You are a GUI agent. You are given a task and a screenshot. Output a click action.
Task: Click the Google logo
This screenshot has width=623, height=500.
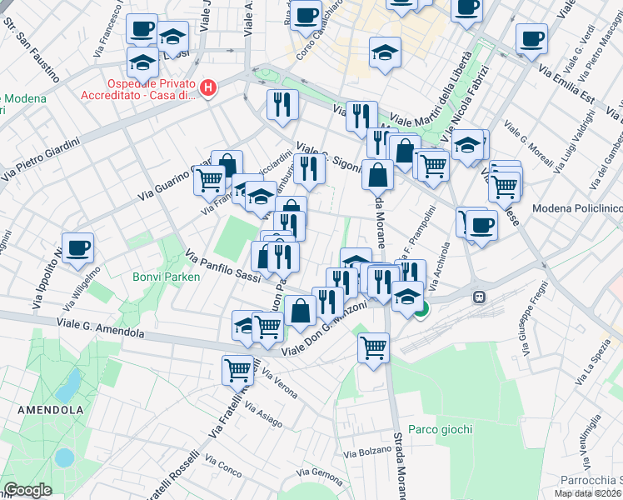pyautogui.click(x=27, y=490)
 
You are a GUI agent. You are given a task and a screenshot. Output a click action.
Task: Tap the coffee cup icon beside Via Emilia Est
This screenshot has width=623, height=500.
pyautogui.click(x=531, y=37)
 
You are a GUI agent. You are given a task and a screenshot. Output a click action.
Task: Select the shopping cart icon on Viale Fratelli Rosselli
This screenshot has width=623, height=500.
pyautogui.click(x=238, y=367)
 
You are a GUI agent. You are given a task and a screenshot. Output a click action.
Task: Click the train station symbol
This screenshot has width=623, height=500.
pyautogui.click(x=480, y=297)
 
